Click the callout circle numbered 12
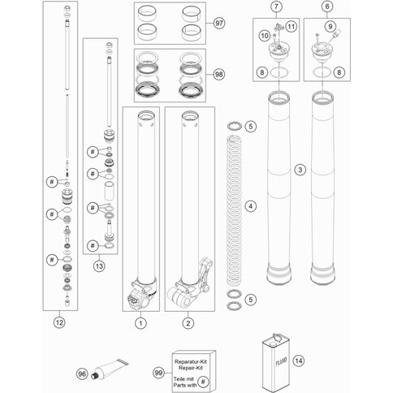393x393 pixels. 59,322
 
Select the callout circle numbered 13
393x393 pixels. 99,266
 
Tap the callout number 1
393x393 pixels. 140,323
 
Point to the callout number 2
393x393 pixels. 188,323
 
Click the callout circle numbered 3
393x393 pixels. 300,170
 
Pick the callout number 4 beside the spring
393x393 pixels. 251,206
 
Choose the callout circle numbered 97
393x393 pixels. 219,24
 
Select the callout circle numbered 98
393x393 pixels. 219,74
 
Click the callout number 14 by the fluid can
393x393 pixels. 299,361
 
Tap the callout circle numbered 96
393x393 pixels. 82,374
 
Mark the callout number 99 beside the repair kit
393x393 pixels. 158,373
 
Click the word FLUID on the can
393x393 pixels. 281,361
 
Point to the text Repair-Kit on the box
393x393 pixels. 191,368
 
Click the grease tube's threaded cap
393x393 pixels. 95,376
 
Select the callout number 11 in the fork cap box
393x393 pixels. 291,27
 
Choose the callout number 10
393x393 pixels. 265,36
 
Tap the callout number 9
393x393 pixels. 330,27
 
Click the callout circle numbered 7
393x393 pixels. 276,6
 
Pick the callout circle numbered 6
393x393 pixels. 327,6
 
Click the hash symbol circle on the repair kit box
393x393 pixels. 203,382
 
